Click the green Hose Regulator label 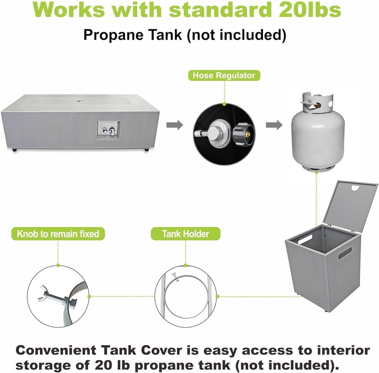[224, 75]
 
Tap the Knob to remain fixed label [58, 234]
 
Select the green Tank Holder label [185, 234]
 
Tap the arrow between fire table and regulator [174, 125]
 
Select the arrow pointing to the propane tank [274, 125]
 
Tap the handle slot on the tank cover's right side [345, 253]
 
